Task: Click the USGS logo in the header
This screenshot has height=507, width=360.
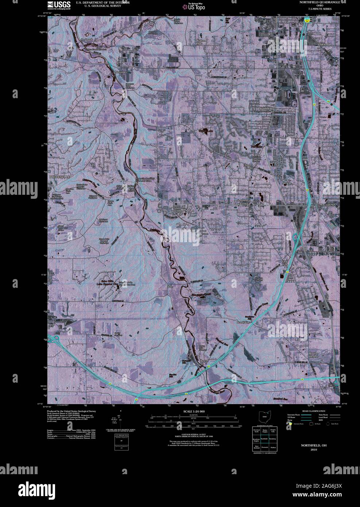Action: [x=59, y=5]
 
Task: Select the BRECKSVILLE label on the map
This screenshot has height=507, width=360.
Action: [x=59, y=176]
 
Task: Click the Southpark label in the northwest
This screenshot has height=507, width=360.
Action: [x=87, y=39]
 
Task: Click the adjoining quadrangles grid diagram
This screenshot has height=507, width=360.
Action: [x=264, y=440]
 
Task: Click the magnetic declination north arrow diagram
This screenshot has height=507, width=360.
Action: [x=121, y=419]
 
